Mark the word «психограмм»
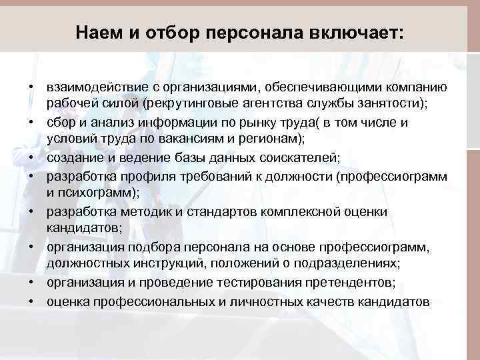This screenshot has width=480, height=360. (100, 193)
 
